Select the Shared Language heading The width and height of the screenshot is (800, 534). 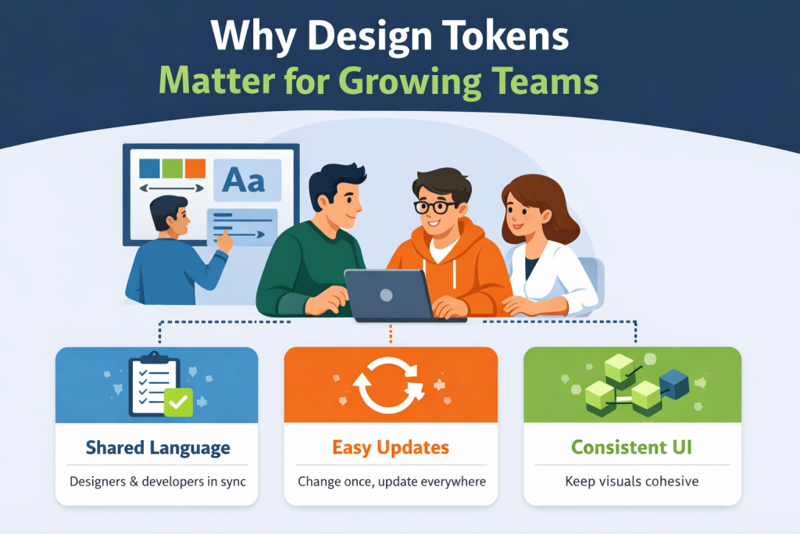tap(158, 448)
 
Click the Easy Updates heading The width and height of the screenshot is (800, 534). tap(391, 448)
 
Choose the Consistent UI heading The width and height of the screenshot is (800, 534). tap(631, 448)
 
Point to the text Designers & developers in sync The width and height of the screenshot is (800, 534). tap(158, 481)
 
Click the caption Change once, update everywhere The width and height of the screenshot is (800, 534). tap(391, 481)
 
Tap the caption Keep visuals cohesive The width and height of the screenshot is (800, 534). tap(631, 481)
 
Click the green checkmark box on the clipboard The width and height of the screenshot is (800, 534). tap(179, 402)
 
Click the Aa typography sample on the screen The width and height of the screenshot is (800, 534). tap(243, 180)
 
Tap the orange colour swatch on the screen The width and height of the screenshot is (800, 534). tap(195, 168)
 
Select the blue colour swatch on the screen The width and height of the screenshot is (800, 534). tap(148, 168)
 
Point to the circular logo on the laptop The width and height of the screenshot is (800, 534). tap(386, 294)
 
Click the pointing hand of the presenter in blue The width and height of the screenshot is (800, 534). tap(225, 241)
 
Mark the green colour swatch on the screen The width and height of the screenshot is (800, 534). tap(172, 168)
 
